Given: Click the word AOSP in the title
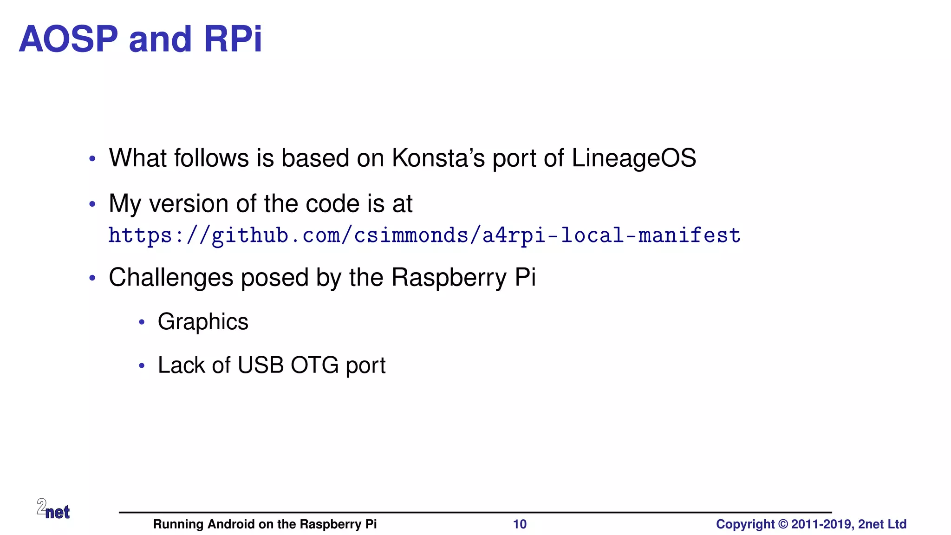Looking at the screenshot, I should point(69,39).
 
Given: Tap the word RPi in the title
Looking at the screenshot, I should point(233,39).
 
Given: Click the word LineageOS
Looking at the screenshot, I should point(633,158).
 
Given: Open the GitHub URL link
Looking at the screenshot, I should point(424,235).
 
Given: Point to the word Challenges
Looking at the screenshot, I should point(171,278).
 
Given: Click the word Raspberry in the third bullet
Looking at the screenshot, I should point(449,278).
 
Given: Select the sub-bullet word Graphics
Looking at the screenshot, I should point(203,322).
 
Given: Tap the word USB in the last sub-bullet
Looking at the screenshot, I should point(261,365).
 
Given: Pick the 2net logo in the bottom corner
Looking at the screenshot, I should point(53,509).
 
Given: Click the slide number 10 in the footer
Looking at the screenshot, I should point(520,524).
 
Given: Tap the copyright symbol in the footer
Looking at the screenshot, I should point(783,524).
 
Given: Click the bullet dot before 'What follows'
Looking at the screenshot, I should point(92,159).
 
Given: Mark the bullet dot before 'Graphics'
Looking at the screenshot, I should point(142,322).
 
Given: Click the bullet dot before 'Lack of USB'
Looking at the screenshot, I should point(142,366).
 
